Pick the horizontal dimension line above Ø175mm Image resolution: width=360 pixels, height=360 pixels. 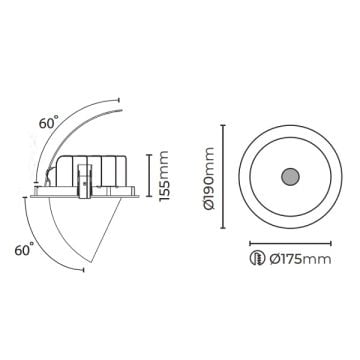tap(289, 241)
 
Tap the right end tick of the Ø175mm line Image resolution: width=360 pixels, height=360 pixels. tap(333, 241)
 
